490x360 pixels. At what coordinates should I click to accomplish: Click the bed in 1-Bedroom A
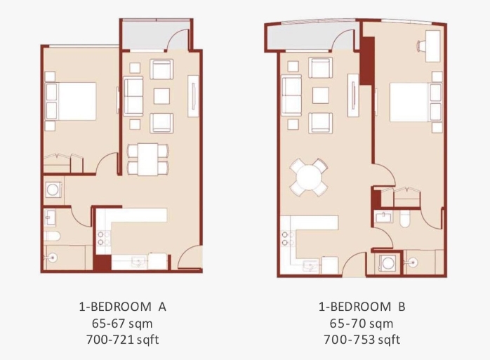coord(71,101)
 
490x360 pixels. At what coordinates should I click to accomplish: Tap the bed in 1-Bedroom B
coord(416,102)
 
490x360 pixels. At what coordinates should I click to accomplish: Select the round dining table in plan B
coord(309,178)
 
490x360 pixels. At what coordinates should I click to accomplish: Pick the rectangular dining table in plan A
coord(148,159)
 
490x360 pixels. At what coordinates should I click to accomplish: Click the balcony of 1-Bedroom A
coord(155,34)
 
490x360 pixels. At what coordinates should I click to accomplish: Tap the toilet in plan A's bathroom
coord(52,236)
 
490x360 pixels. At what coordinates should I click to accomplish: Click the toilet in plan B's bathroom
coord(404,218)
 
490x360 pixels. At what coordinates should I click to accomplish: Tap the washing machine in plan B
coord(388,263)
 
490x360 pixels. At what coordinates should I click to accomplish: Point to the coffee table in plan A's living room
coord(162,96)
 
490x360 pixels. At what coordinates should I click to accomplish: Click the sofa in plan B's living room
coord(291,95)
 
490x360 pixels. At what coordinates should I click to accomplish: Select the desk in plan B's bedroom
coord(433,46)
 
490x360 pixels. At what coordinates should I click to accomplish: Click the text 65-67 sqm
coord(122,324)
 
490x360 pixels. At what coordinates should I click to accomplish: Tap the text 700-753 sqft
coord(362,340)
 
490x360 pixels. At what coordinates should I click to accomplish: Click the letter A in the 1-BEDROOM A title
coord(162,307)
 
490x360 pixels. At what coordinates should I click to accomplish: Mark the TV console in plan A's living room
coord(194,97)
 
